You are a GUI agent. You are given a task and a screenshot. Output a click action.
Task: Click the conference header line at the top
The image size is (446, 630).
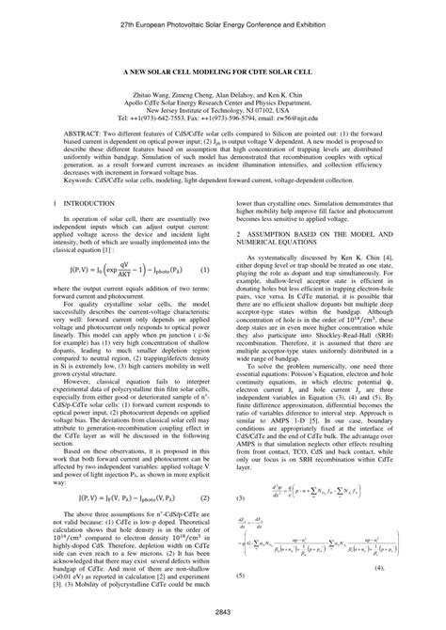pos(223,18)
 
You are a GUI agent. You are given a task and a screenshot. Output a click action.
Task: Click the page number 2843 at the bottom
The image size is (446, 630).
pos(223,613)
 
